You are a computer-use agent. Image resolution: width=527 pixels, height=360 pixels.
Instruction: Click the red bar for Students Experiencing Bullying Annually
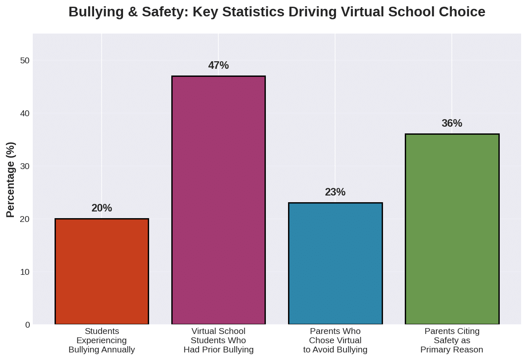pyautogui.click(x=102, y=271)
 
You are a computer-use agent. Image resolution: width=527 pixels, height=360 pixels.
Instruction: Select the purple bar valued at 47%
pyautogui.click(x=218, y=200)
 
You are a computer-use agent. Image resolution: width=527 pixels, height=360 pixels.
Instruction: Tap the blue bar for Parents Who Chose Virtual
pyautogui.click(x=335, y=263)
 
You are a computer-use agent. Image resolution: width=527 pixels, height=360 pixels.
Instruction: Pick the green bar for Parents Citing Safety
pyautogui.click(x=452, y=229)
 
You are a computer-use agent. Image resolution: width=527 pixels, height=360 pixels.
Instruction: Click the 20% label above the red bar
pyautogui.click(x=102, y=208)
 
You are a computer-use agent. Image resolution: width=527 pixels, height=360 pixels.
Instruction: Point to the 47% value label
pyautogui.click(x=218, y=65)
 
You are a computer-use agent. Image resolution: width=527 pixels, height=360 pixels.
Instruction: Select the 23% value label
pyautogui.click(x=335, y=192)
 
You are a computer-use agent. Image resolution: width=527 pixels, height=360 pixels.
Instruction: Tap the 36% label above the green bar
pyautogui.click(x=452, y=123)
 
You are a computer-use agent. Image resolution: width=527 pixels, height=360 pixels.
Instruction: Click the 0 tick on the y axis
pyautogui.click(x=27, y=325)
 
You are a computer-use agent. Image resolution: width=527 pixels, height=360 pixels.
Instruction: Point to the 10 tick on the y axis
pyautogui.click(x=25, y=272)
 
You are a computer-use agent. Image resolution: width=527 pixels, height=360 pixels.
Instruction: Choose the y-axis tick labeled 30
pyautogui.click(x=25, y=166)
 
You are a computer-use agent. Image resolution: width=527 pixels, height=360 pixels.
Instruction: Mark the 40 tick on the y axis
pyautogui.click(x=25, y=113)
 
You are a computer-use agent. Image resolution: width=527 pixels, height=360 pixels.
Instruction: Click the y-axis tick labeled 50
pyautogui.click(x=25, y=60)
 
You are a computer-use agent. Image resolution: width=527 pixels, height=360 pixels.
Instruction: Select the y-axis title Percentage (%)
pyautogui.click(x=11, y=180)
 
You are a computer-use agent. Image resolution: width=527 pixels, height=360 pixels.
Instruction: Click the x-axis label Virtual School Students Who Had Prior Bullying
pyautogui.click(x=218, y=340)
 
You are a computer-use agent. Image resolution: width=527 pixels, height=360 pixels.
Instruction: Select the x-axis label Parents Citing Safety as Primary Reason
pyautogui.click(x=452, y=340)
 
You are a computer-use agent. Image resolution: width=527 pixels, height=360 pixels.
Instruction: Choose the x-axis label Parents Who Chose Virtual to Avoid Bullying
pyautogui.click(x=335, y=340)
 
